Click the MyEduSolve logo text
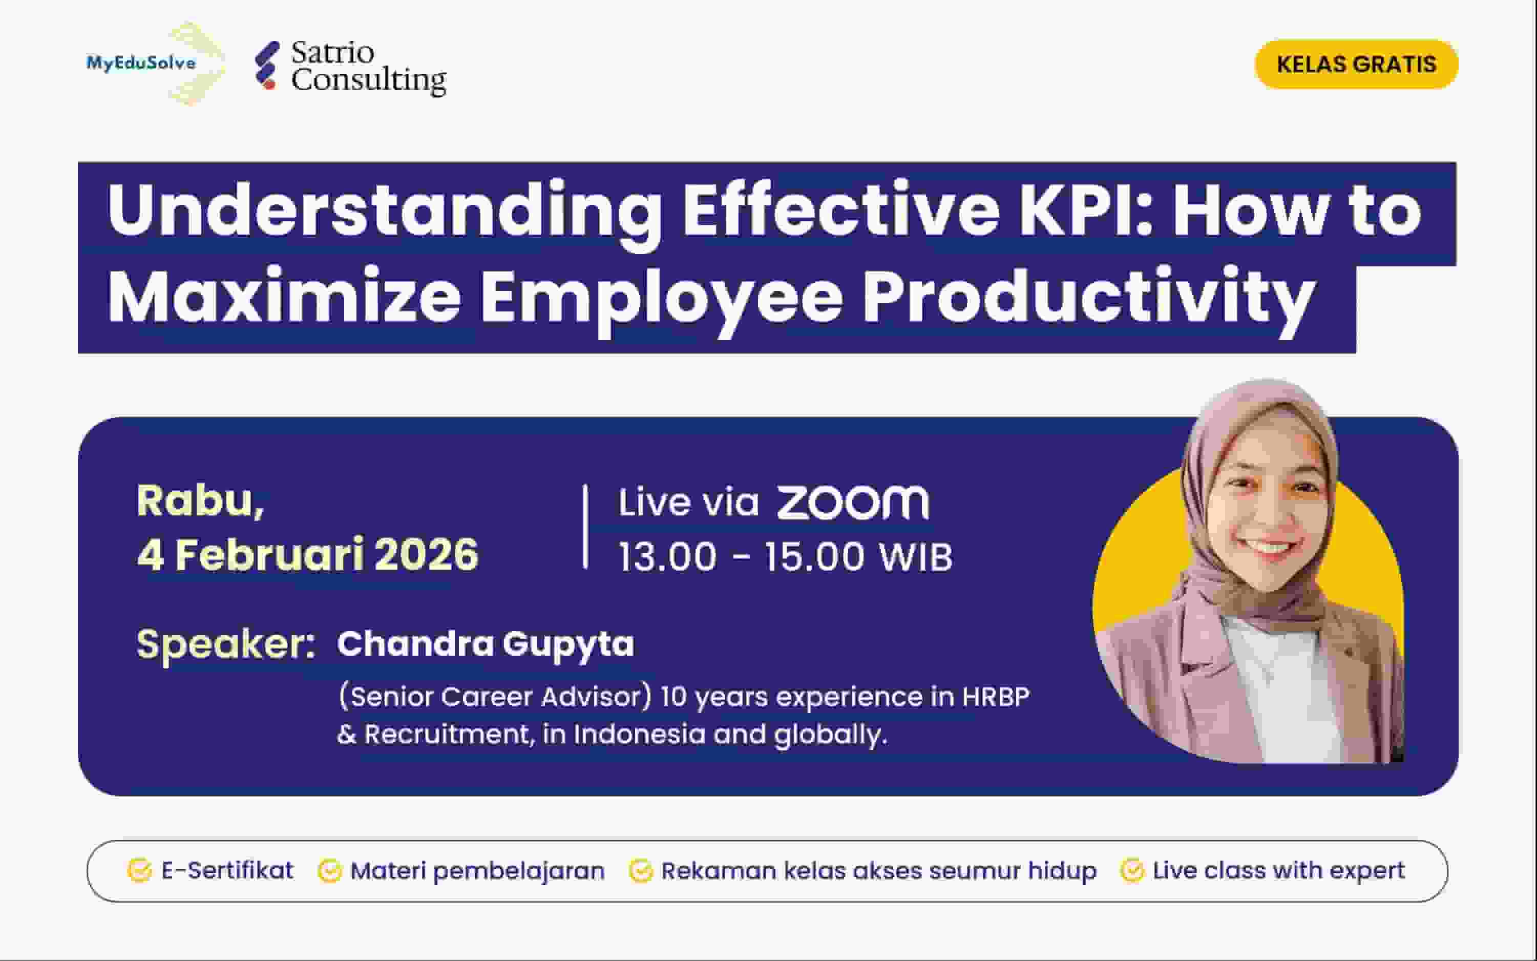[141, 63]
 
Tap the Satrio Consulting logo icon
[267, 66]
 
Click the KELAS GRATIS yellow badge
[1356, 64]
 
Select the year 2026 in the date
[426, 555]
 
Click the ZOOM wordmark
[853, 503]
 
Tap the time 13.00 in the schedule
[667, 557]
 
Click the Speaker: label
[225, 644]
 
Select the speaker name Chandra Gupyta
[486, 644]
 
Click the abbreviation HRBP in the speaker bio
[996, 697]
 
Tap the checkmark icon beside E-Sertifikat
[139, 871]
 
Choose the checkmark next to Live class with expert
[1132, 871]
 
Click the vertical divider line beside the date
[585, 526]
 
